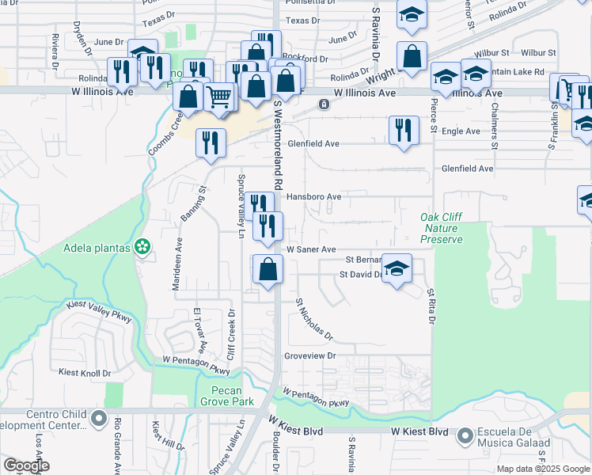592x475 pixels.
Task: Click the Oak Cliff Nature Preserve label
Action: point(441,227)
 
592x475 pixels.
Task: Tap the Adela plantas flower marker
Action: point(142,248)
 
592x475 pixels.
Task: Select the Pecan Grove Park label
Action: point(232,396)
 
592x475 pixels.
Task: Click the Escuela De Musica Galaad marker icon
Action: point(465,433)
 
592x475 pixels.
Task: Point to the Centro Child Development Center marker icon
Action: point(98,418)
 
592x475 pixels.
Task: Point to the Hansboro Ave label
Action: point(313,196)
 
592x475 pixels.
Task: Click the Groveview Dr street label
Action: point(310,356)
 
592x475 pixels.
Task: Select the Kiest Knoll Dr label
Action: point(85,372)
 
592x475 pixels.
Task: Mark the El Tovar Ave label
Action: point(199,331)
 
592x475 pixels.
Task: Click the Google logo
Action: point(26,465)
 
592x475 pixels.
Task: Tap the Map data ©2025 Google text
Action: point(542,469)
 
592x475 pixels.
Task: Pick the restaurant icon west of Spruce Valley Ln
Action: point(210,142)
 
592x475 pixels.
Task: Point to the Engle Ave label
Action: point(461,131)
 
